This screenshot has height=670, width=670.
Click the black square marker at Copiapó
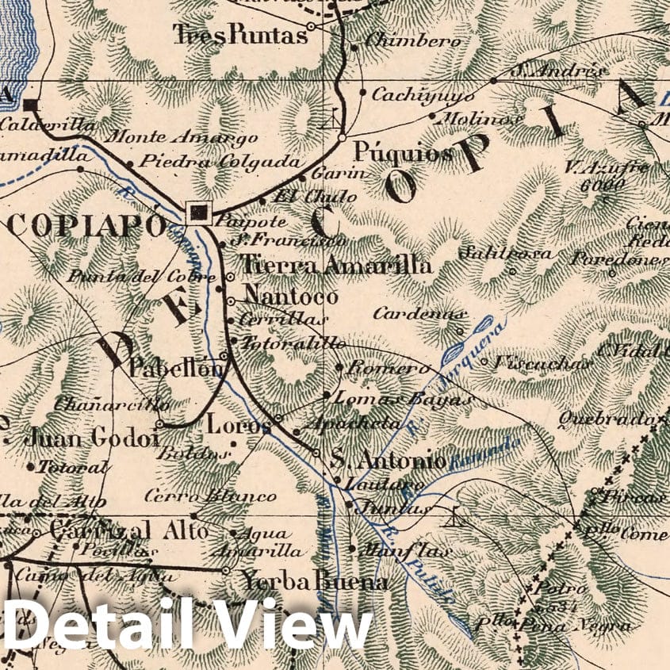pos(198,212)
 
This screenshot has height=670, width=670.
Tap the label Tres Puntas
pos(239,34)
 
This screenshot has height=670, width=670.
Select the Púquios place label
pos(402,151)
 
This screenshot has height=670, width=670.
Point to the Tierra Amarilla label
pos(335,265)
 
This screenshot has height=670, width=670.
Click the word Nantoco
pos(291,296)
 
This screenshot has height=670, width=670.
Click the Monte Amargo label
pos(181,137)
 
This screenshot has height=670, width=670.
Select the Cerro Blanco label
pos(210,497)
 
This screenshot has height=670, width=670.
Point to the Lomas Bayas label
pos(404,399)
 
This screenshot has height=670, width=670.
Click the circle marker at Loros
pos(278,418)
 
